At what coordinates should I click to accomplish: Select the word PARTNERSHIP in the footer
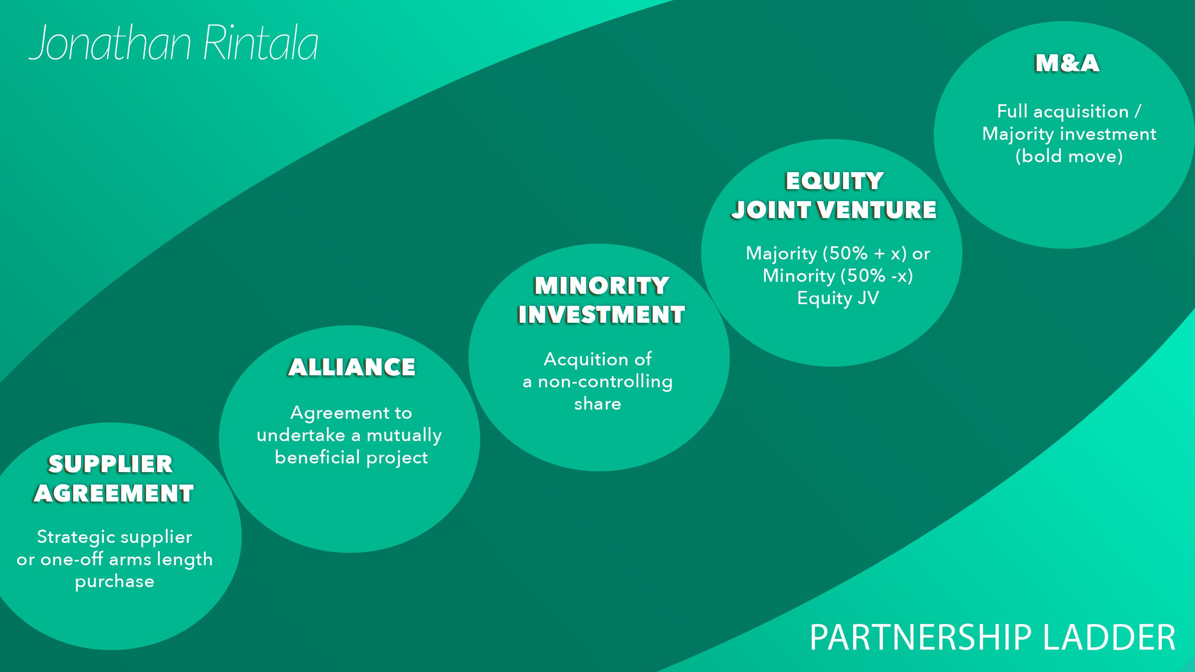pos(921,638)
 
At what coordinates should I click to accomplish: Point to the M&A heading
pos(1067,64)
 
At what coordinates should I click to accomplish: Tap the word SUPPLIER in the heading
pos(111,464)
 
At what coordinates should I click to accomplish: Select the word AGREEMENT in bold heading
pos(114,493)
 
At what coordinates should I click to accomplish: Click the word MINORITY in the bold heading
pos(602,286)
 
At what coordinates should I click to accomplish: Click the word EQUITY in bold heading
pos(834,181)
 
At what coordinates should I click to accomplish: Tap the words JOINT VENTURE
pos(834,210)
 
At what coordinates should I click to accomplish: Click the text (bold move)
pos(1069,156)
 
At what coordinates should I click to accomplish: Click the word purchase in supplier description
pos(115,581)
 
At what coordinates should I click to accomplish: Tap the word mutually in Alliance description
pos(404,435)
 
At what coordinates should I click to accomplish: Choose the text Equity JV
pos(838,298)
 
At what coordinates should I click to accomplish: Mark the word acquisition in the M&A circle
pos(1081,112)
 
